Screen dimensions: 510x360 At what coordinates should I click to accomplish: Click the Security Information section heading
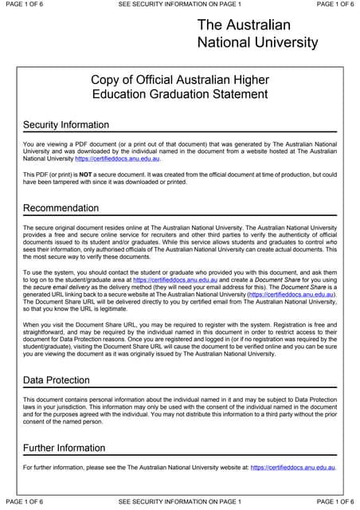(66, 125)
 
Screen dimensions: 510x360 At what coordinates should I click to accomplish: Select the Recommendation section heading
(61, 209)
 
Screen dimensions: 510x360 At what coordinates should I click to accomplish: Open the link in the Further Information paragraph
(292, 467)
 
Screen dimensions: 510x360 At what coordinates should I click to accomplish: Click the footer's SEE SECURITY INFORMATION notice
(179, 501)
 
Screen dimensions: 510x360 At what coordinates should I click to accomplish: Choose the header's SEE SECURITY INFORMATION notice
(179, 5)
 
